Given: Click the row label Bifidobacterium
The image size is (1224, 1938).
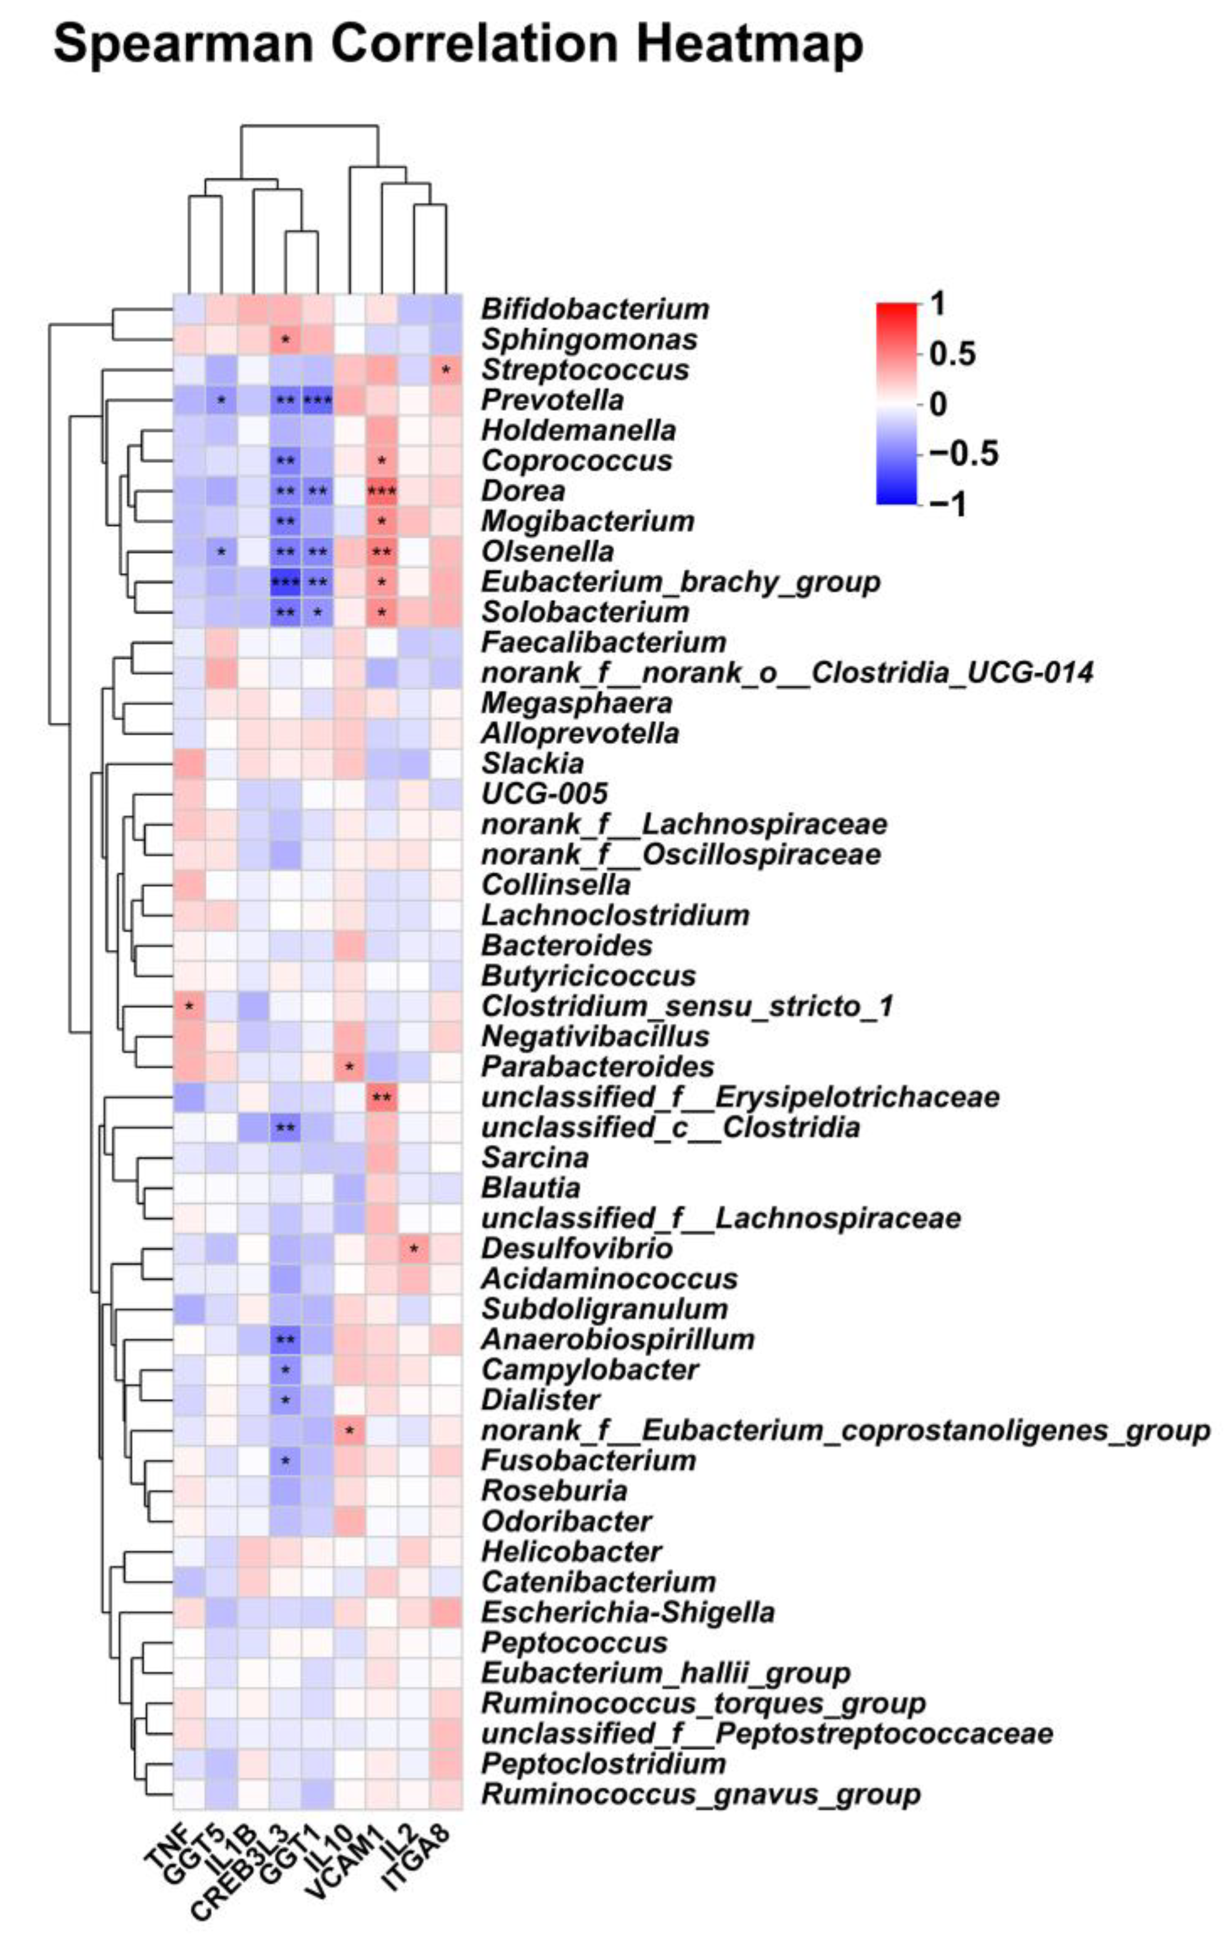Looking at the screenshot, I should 595,309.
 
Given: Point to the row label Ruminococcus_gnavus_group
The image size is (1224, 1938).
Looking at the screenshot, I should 700,1794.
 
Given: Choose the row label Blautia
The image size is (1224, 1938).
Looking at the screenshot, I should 530,1188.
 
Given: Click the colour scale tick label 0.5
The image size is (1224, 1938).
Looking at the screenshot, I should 952,354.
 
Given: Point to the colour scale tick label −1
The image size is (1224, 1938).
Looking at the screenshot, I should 947,505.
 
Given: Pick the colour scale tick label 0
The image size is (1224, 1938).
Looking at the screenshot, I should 938,404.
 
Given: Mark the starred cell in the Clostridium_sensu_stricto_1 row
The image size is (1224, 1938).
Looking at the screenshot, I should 189,1006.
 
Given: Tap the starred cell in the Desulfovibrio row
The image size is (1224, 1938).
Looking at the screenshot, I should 414,1248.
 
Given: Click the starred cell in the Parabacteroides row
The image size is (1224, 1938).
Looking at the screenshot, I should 349,1066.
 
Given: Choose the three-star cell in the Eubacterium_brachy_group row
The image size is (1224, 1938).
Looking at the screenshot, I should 285,582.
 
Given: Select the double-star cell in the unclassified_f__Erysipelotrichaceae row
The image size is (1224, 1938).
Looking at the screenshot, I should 382,1097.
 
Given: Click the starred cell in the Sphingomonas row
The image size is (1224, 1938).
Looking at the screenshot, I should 285,340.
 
